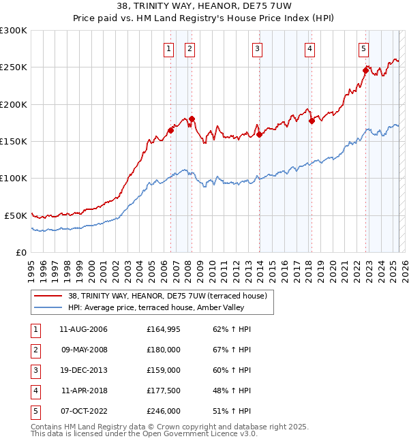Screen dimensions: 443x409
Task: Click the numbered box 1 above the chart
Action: point(168,48)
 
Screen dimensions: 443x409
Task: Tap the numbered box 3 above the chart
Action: point(257,48)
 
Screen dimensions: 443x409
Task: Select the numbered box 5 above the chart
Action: point(363,48)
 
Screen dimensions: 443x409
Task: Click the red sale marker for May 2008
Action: point(192,119)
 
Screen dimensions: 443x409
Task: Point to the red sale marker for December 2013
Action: point(260,134)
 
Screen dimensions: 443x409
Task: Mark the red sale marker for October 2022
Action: point(366,70)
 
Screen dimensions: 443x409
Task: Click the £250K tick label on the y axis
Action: point(13,67)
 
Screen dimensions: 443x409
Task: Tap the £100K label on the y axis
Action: point(13,179)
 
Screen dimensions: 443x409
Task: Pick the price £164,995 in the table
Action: point(164,329)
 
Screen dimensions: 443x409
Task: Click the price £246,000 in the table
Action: point(164,411)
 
